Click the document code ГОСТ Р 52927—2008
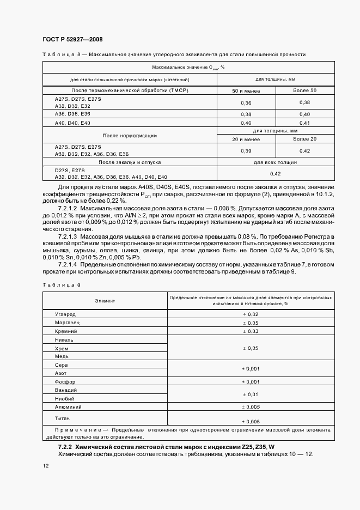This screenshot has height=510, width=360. click(72, 39)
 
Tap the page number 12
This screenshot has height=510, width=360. click(45, 465)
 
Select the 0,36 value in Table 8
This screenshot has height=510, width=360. click(246, 102)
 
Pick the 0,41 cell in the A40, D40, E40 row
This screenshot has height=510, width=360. click(304, 124)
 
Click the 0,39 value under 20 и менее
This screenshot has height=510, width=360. click(246, 150)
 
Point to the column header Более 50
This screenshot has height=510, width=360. click(304, 90)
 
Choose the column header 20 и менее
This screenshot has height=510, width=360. click(246, 139)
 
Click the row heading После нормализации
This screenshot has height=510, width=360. click(130, 135)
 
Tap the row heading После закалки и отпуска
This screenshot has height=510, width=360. click(130, 162)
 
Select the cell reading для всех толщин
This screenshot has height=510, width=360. click(276, 162)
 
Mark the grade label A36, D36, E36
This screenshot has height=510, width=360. click(72, 114)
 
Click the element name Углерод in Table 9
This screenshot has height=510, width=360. click(65, 314)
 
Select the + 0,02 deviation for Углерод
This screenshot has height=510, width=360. click(251, 314)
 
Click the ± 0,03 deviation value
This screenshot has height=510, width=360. click(251, 331)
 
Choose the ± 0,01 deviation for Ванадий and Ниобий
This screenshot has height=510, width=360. click(251, 394)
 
